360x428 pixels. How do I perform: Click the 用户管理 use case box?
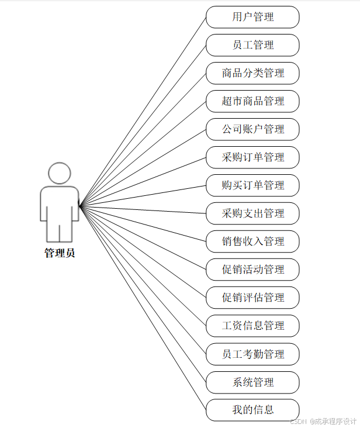(x=252, y=17)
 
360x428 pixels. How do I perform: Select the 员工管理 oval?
(x=252, y=45)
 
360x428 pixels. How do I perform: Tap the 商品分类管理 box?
(x=252, y=73)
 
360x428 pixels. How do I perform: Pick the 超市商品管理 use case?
(x=252, y=101)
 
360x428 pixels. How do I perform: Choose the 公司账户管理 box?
(x=252, y=129)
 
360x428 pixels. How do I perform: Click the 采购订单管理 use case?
(x=252, y=157)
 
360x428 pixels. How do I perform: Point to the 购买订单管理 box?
(x=252, y=185)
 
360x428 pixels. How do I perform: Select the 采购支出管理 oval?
(x=252, y=213)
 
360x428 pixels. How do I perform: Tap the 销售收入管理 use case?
(x=252, y=241)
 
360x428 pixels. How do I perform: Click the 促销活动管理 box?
(x=252, y=270)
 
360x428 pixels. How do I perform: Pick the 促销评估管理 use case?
(x=252, y=298)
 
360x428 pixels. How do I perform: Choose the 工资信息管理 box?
(x=252, y=326)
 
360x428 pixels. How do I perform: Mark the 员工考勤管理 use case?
(x=252, y=354)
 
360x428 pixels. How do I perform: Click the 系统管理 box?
(x=252, y=382)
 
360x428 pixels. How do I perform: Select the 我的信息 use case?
(x=252, y=410)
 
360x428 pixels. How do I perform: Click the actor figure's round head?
(x=60, y=174)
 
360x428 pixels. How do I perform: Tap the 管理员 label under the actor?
(x=60, y=253)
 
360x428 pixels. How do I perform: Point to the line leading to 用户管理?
(x=143, y=111)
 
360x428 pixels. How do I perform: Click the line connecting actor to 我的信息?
(x=143, y=308)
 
